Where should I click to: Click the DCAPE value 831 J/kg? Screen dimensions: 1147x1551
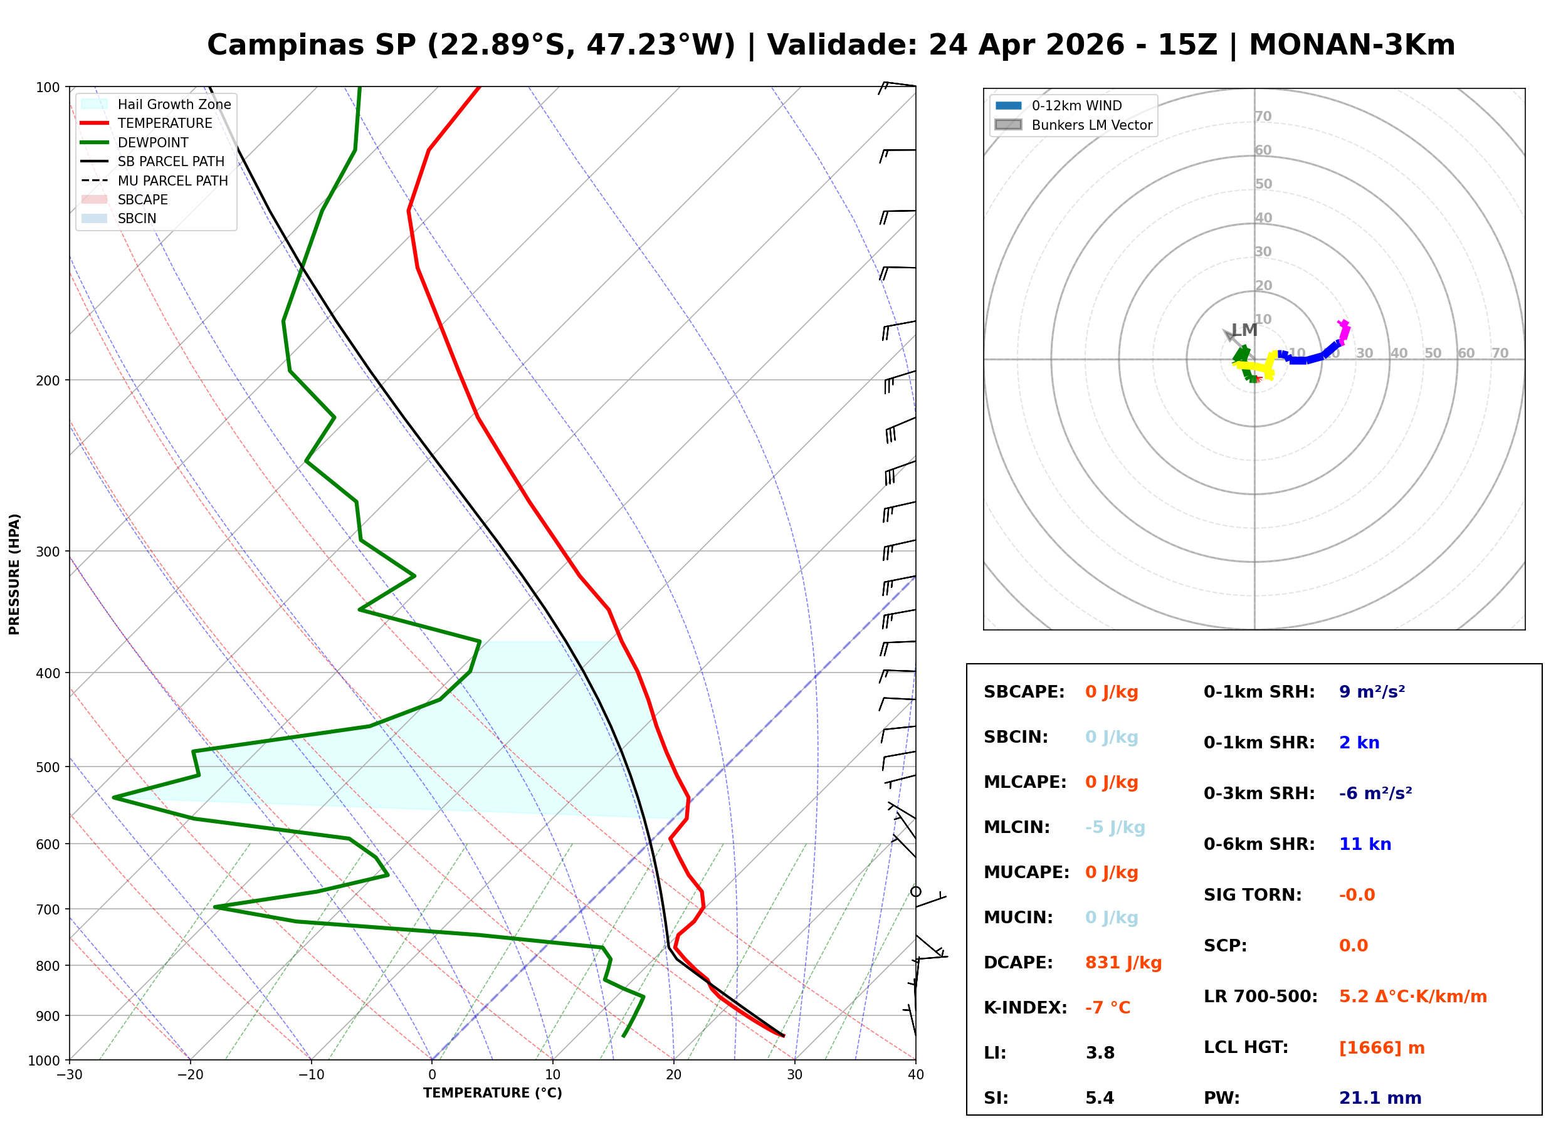pos(1123,962)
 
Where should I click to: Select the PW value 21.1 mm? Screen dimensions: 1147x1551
pos(1379,1097)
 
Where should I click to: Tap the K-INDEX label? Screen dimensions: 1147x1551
pos(1025,1007)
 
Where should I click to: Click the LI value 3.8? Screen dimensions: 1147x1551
pos(1100,1052)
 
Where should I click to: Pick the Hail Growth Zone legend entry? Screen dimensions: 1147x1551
pos(174,104)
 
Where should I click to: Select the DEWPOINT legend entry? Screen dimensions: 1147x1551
pos(153,142)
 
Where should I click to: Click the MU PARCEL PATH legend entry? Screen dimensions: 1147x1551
pos(172,181)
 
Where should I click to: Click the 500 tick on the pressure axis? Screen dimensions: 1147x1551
pos(48,767)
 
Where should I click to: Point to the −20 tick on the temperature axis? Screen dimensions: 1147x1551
pos(189,1075)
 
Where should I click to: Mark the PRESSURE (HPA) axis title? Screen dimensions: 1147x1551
pos(14,573)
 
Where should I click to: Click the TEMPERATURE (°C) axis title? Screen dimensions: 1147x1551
pos(492,1093)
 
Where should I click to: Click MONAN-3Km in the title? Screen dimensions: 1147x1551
pos(1351,45)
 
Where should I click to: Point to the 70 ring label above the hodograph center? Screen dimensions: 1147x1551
pos(1262,116)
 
